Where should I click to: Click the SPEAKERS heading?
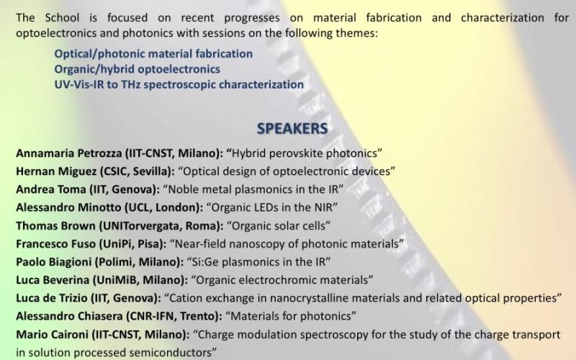point(292,129)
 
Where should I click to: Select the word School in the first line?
point(62,17)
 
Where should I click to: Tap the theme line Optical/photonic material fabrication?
point(153,54)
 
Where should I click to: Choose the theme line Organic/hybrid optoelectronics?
point(138,69)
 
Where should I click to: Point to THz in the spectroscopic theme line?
point(130,84)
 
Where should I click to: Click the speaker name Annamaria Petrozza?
point(69,153)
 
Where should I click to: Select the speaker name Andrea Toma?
point(50,189)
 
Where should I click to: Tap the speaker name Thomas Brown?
point(56,225)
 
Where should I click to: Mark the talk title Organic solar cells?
point(279,225)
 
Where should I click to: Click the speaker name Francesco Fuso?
point(56,244)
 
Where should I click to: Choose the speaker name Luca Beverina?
point(53,280)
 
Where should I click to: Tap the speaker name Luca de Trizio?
point(51,298)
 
